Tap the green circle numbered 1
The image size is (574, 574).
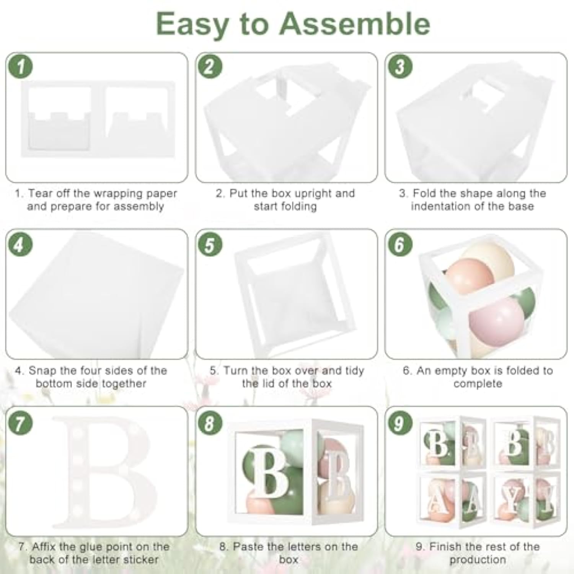coord(20,67)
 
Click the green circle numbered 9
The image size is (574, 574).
coord(399,423)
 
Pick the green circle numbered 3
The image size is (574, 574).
coord(400,67)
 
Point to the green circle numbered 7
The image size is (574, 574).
coord(20,423)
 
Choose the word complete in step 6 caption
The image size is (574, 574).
coord(478,383)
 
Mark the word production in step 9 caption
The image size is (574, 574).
coord(478,560)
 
